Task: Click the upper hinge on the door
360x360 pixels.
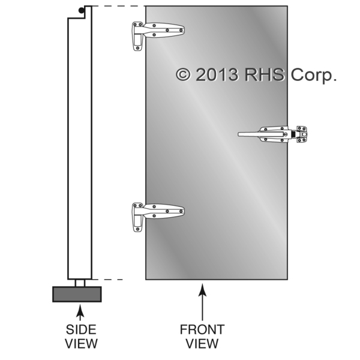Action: pyautogui.click(x=157, y=31)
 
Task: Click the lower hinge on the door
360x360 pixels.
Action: pyautogui.click(x=157, y=212)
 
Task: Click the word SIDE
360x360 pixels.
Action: pyautogui.click(x=80, y=330)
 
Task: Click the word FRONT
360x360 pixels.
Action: pyautogui.click(x=202, y=330)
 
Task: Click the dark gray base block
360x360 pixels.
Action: pyautogui.click(x=77, y=294)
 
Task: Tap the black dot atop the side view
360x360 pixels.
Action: pyautogui.click(x=81, y=10)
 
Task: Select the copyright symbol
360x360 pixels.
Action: pyautogui.click(x=184, y=74)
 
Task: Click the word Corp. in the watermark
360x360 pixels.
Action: pyautogui.click(x=314, y=74)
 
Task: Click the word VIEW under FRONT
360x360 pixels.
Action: pyautogui.click(x=202, y=344)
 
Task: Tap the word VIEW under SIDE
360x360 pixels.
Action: pyautogui.click(x=80, y=344)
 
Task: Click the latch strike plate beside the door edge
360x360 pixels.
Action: pyautogui.click(x=301, y=133)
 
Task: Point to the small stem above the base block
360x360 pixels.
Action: pyautogui.click(x=79, y=283)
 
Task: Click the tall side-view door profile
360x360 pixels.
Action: pyautogui.click(x=79, y=144)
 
